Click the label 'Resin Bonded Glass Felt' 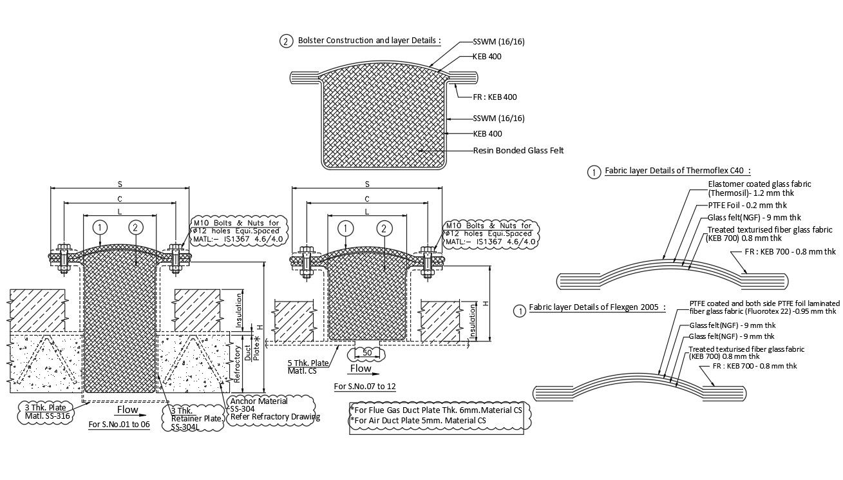tap(518, 151)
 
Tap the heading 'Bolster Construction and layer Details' tap(369, 41)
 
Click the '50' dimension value tap(367, 353)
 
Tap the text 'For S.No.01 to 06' tap(118, 425)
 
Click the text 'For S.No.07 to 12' tap(365, 387)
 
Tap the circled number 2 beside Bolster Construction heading tap(286, 41)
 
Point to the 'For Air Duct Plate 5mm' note tap(419, 421)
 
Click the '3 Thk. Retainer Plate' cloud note tap(197, 418)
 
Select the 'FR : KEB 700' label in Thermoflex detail tap(790, 252)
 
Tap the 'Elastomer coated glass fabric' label tap(759, 184)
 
